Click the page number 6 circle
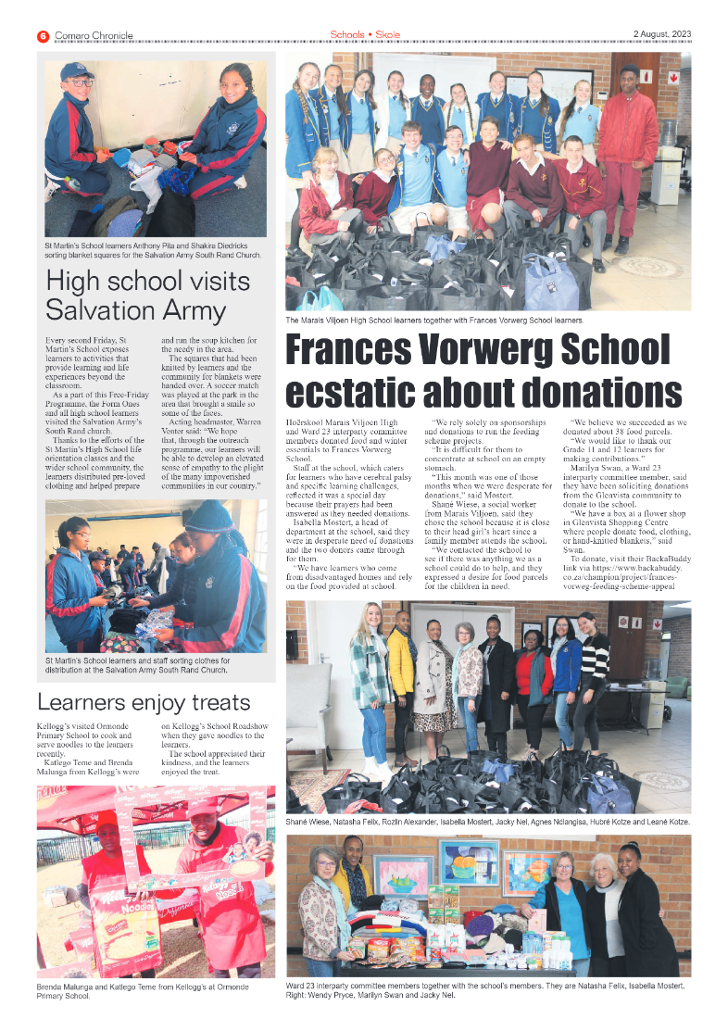pyautogui.click(x=43, y=36)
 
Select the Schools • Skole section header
pyautogui.click(x=365, y=35)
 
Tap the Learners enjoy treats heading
pyautogui.click(x=143, y=702)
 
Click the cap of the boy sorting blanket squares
pyautogui.click(x=77, y=71)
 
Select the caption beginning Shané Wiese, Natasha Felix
pyautogui.click(x=488, y=822)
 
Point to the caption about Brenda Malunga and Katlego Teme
pyautogui.click(x=148, y=991)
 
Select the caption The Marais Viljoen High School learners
pyautogui.click(x=434, y=320)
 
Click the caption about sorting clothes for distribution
pyautogui.click(x=148, y=665)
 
